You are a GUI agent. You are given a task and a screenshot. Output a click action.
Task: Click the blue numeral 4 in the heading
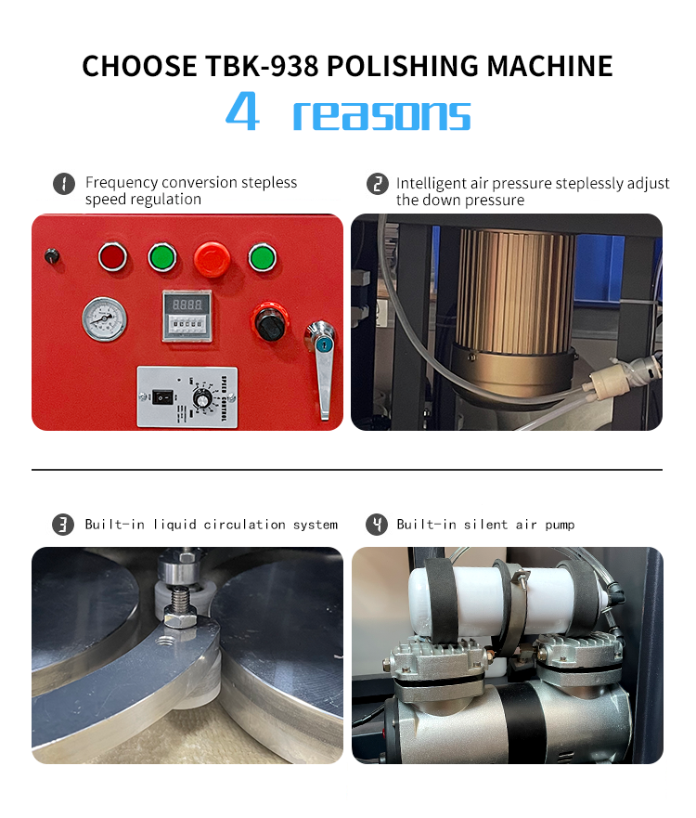[242, 110]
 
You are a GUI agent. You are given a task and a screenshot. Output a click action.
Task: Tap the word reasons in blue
[381, 115]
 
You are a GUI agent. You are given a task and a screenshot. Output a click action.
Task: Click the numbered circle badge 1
[64, 184]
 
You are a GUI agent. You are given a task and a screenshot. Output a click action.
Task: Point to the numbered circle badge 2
[378, 184]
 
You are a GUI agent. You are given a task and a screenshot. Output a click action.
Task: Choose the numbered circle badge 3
[63, 525]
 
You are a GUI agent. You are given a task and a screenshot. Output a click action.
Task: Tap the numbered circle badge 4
[377, 525]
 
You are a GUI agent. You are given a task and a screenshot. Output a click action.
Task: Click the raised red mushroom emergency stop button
[212, 258]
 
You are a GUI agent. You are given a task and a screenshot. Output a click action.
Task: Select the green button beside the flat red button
[162, 257]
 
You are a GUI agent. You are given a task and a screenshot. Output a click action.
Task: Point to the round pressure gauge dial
[104, 318]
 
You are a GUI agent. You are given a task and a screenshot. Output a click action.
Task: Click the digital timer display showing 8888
[187, 304]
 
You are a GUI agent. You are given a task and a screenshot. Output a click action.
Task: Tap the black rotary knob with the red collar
[269, 321]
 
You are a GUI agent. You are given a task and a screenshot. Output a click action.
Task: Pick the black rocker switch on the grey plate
[162, 397]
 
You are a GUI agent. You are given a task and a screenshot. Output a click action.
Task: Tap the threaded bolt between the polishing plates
[181, 598]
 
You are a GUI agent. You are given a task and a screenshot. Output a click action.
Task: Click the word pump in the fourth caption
[560, 526]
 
